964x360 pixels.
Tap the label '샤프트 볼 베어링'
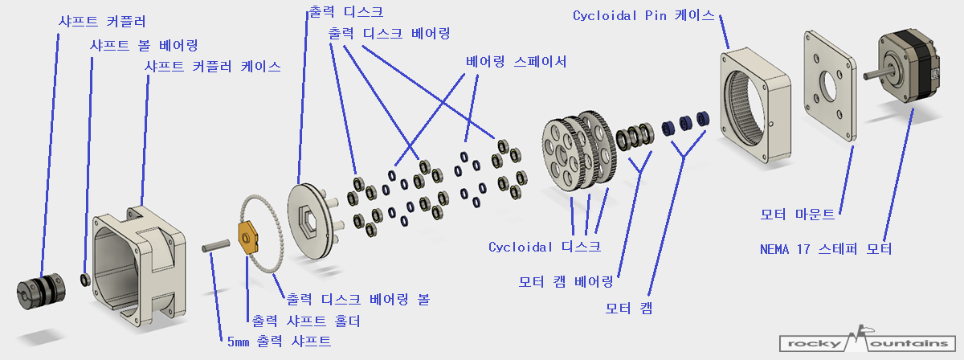point(143,44)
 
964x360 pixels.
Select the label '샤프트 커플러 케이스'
point(212,67)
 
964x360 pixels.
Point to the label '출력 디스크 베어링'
point(389,34)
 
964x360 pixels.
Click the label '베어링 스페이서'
point(517,61)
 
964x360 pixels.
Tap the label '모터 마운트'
point(798,215)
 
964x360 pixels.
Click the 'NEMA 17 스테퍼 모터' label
point(826,248)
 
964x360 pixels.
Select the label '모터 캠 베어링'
point(566,281)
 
